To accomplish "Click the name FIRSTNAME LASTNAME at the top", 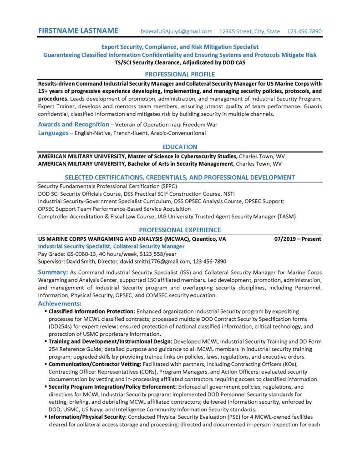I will pos(78,31).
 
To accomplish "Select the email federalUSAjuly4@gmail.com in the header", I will pos(177,31).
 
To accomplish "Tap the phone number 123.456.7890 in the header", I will pos(304,31).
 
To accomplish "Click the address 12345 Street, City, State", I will pos(249,31).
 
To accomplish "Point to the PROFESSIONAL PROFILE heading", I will pos(180,74).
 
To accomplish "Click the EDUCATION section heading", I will pos(180,147).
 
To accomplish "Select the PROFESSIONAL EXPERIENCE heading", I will pos(180,230).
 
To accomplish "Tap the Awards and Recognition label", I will pos(73,124).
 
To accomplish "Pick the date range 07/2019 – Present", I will pos(298,239).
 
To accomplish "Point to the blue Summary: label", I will pos(53,272).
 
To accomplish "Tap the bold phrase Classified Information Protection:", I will pos(92,311).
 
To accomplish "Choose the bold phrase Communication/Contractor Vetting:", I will pos(95,364).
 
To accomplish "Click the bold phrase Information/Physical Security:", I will pos(88,417).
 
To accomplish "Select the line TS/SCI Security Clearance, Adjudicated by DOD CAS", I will pos(180,62).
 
